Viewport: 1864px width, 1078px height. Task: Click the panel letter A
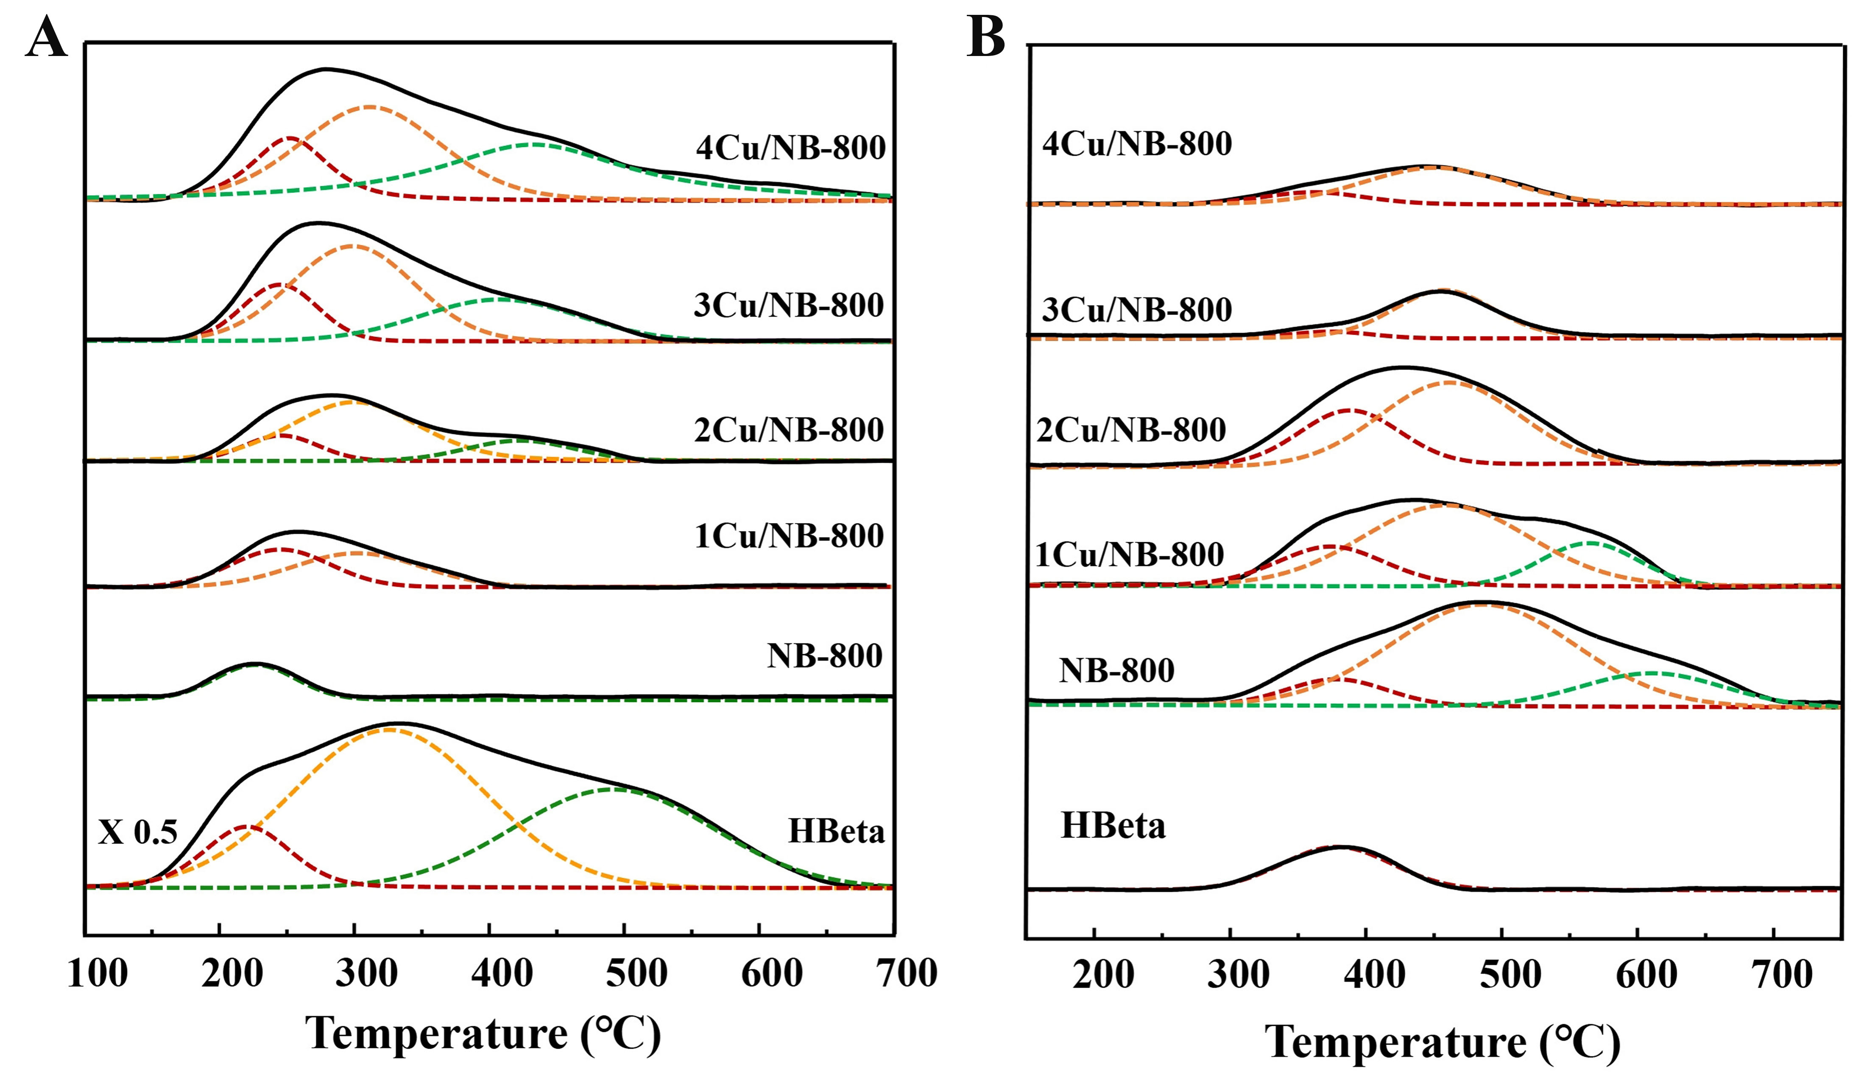point(46,37)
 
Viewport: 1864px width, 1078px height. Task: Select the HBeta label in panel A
point(836,832)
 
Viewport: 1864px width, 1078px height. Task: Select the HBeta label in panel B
point(1113,826)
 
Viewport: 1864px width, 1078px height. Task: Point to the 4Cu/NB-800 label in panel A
point(790,148)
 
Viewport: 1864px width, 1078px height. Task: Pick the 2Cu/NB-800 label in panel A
point(789,430)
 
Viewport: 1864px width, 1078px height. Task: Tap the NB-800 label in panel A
point(824,655)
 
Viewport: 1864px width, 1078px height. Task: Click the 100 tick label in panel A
point(97,974)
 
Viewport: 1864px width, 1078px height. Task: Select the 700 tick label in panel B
point(1783,975)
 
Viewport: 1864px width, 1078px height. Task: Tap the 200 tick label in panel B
point(1103,975)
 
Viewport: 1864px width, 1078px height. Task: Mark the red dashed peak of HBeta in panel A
point(248,826)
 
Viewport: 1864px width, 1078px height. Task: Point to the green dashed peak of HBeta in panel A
point(614,790)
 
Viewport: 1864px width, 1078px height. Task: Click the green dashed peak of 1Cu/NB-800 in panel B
point(1591,543)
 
